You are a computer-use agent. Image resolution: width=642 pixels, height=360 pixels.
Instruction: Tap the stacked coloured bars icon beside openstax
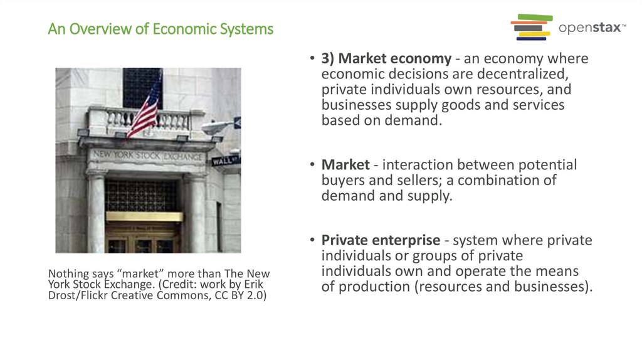(x=532, y=28)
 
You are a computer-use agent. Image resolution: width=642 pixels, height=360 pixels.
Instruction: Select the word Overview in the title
(x=98, y=29)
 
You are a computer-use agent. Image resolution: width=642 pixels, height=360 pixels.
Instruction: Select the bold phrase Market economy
(x=386, y=59)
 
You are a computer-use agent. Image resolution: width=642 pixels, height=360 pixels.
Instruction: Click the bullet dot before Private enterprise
(x=312, y=240)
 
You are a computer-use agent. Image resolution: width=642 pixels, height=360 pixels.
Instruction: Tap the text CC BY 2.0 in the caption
(x=242, y=295)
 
